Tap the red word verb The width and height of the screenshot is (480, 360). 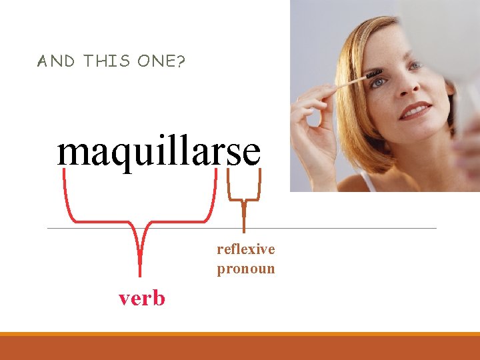tap(142, 297)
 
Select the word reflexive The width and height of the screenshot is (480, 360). tap(245, 249)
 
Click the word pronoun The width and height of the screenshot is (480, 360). tap(245, 269)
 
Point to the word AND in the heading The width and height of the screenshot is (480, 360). tap(57, 61)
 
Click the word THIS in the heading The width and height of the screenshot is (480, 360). tap(107, 61)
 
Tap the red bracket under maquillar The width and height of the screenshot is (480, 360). tap(141, 220)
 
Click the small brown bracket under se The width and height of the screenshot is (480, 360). tap(244, 193)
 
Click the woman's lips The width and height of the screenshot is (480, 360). tap(415, 111)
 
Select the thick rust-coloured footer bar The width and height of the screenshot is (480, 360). tap(240, 347)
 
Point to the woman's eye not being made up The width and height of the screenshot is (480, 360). tap(416, 66)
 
